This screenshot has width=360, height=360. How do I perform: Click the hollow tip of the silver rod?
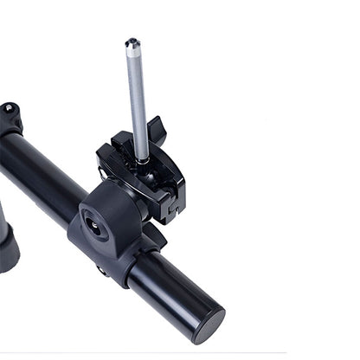[x=132, y=42]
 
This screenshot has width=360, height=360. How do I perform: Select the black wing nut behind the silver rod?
[x=156, y=132]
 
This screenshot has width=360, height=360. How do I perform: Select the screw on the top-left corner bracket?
[x=9, y=109]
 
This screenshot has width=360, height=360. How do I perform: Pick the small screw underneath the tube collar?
[x=101, y=270]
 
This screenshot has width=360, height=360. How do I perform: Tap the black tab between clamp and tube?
[x=152, y=234]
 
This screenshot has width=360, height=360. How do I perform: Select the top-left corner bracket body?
[x=10, y=121]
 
